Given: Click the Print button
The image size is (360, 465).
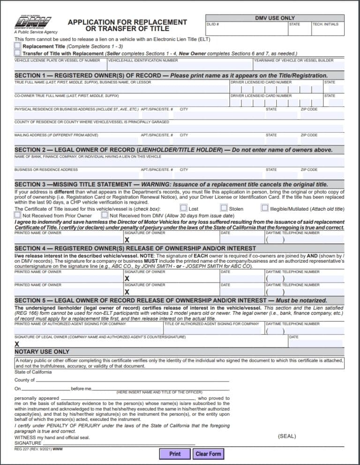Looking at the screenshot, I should pos(175,454).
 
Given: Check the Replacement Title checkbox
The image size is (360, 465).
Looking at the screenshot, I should pos(17,46).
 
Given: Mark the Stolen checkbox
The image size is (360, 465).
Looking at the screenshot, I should pos(224,208).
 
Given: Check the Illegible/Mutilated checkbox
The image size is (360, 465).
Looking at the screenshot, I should pos(265,208).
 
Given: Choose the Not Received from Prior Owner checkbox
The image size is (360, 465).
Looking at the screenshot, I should pos(17,215).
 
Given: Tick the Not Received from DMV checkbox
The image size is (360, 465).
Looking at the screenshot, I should pos(105,215).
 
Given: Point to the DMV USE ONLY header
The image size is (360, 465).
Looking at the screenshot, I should pos(275,18).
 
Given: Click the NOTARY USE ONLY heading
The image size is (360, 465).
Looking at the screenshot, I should pos(42,351).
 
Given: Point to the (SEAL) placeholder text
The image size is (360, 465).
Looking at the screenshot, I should pos(287,436).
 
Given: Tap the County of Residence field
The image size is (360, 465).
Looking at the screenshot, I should pos(178,128).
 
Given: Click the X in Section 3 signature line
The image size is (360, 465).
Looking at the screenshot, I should pos(127,240).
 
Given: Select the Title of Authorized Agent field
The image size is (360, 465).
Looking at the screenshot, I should pos(214,330).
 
